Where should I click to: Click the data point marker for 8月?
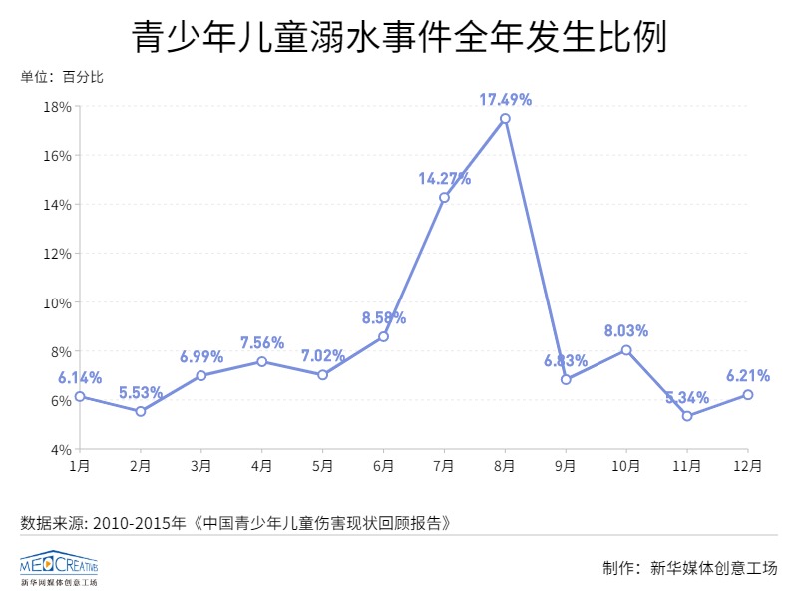(x=505, y=118)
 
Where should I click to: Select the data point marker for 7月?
(x=444, y=197)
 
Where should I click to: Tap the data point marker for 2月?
(x=141, y=411)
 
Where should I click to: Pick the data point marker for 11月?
(x=687, y=416)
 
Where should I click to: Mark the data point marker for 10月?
(x=626, y=350)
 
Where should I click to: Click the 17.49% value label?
(x=505, y=99)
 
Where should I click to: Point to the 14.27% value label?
(x=444, y=179)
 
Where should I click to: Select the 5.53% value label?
(x=141, y=392)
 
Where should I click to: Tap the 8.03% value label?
(x=626, y=330)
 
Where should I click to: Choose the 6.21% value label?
(x=748, y=376)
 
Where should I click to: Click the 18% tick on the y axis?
(x=56, y=107)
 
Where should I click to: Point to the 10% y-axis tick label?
(x=56, y=302)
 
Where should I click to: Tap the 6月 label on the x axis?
(x=383, y=465)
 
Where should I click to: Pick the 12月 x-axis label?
(x=748, y=465)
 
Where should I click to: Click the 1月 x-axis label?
(x=80, y=465)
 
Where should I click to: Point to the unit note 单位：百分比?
(x=62, y=78)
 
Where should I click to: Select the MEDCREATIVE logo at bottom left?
(x=59, y=567)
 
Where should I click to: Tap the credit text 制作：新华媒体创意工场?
(x=689, y=568)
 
